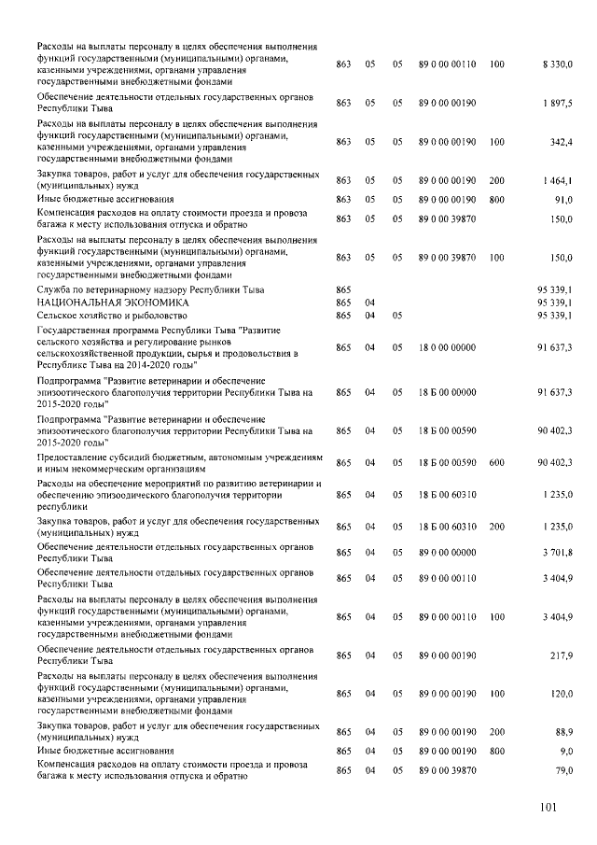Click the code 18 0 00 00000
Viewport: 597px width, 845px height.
tap(448, 347)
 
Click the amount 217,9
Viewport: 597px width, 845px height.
tap(561, 655)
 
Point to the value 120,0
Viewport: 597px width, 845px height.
tap(561, 693)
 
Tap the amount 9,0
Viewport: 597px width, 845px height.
tap(564, 751)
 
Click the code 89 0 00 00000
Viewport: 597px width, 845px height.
tap(448, 553)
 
